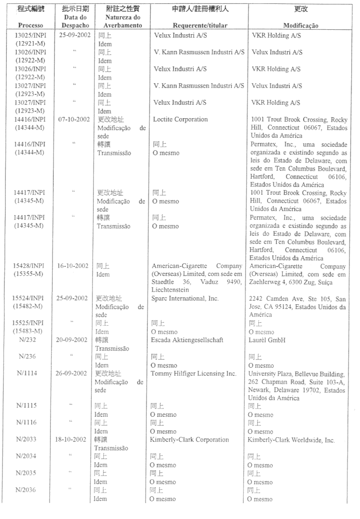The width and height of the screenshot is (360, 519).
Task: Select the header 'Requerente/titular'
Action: click(198, 25)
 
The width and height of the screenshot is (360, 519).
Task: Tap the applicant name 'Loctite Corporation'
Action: click(180, 119)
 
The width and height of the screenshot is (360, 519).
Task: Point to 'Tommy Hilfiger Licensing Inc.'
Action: click(195, 374)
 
